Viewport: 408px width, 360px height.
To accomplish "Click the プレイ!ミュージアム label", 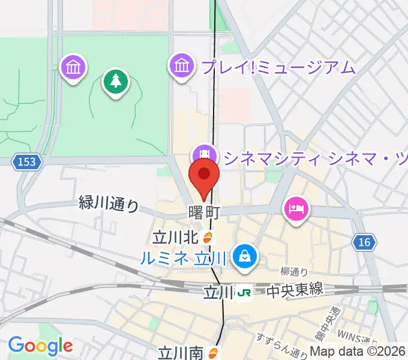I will (x=278, y=67).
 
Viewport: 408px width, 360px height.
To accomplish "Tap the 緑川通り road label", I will (x=109, y=205).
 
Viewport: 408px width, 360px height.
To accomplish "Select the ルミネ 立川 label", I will (x=184, y=259).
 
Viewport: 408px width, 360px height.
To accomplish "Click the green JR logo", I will (x=244, y=292).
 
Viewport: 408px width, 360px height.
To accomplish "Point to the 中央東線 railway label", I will (x=295, y=290).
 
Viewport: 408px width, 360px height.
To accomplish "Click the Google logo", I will (x=40, y=346).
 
